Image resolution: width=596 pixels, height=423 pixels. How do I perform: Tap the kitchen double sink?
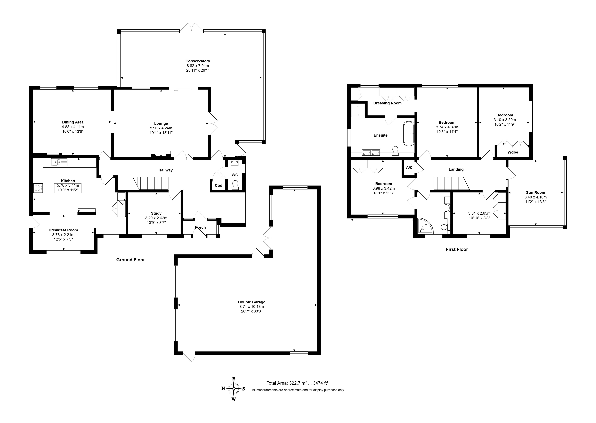[59, 162]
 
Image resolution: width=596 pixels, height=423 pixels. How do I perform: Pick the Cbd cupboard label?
[219, 186]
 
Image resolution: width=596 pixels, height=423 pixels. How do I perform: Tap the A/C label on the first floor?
[409, 167]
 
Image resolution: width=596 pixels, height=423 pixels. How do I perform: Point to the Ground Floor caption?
[130, 260]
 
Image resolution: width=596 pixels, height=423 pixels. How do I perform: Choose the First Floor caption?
[457, 249]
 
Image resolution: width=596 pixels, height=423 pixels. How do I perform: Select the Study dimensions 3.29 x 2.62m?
[156, 218]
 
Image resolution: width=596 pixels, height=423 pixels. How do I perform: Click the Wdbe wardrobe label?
[513, 152]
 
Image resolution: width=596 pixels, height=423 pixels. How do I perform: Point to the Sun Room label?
[535, 193]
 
